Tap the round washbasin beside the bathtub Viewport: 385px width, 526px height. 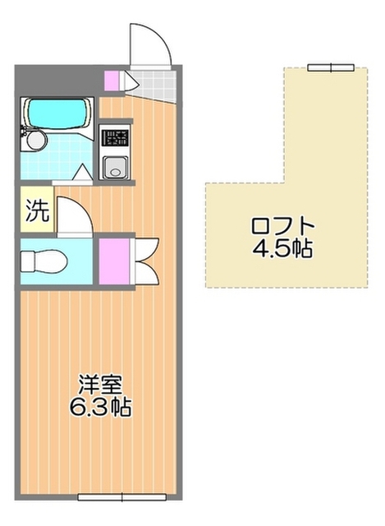tap(33, 141)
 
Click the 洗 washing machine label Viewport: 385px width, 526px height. tap(36, 211)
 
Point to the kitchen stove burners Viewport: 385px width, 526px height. tap(114, 137)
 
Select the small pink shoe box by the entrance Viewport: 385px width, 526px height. tap(112, 80)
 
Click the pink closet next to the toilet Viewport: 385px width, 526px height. tap(115, 261)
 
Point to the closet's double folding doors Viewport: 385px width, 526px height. tap(144, 261)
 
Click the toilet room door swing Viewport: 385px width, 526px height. tap(74, 217)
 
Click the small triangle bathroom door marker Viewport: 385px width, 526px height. tap(82, 174)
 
